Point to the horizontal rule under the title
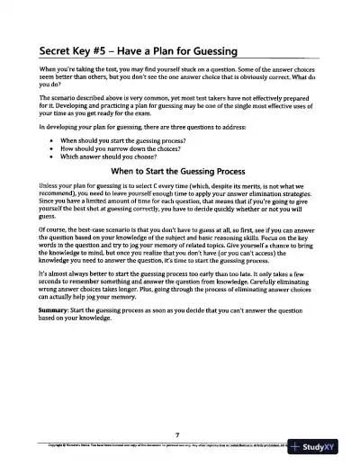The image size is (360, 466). tap(180, 59)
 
